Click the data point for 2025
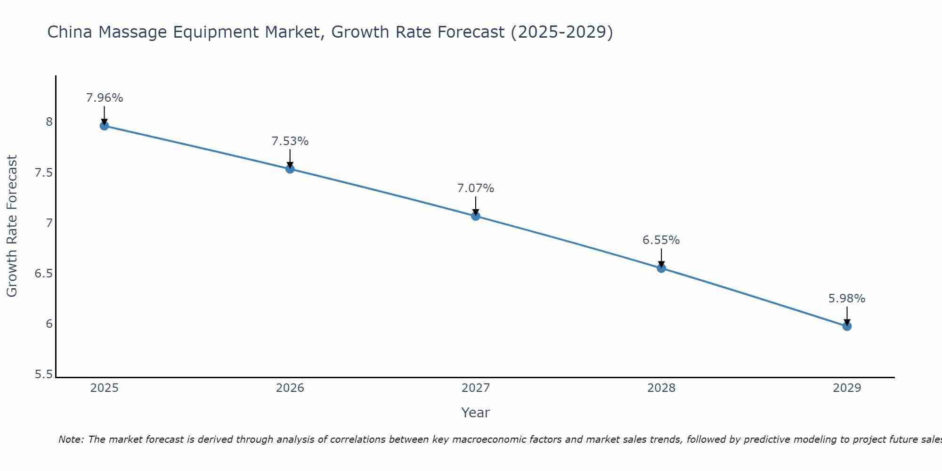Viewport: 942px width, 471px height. click(x=104, y=126)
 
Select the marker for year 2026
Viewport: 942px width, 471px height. click(x=290, y=169)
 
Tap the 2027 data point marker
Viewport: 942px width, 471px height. click(x=475, y=216)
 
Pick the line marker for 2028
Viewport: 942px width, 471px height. click(x=661, y=268)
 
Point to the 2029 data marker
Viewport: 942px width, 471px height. click(x=847, y=326)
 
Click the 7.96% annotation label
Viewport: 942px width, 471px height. click(x=104, y=98)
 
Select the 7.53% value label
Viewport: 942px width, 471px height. click(x=290, y=141)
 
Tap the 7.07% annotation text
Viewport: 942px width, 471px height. click(x=475, y=188)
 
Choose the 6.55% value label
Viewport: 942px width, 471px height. click(x=661, y=240)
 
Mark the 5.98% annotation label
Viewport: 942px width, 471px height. click(x=847, y=299)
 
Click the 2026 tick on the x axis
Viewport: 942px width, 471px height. click(x=290, y=388)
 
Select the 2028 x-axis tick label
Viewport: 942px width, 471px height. click(x=661, y=388)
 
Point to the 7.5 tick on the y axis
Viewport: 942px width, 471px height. click(x=43, y=173)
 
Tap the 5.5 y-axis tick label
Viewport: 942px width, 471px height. click(x=43, y=375)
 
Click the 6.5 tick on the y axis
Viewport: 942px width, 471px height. click(x=43, y=274)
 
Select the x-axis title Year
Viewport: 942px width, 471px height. click(x=475, y=413)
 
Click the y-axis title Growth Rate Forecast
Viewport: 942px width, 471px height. click(x=12, y=226)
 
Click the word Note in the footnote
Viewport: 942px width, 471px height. click(x=71, y=439)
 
